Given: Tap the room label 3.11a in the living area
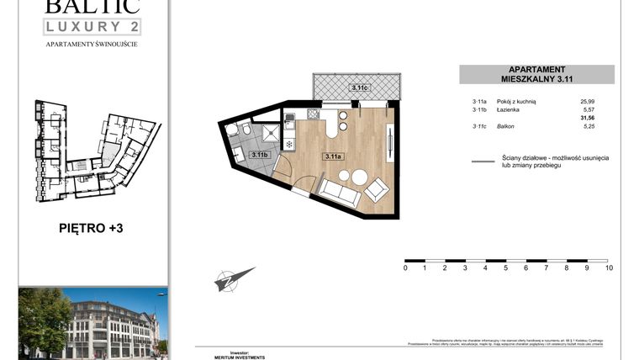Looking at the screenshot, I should pyautogui.click(x=334, y=156).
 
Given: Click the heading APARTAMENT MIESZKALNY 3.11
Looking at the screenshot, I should pyautogui.click(x=536, y=74).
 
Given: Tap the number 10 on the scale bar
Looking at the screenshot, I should pyautogui.click(x=609, y=268).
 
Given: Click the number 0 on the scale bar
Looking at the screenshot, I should pyautogui.click(x=405, y=268).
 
